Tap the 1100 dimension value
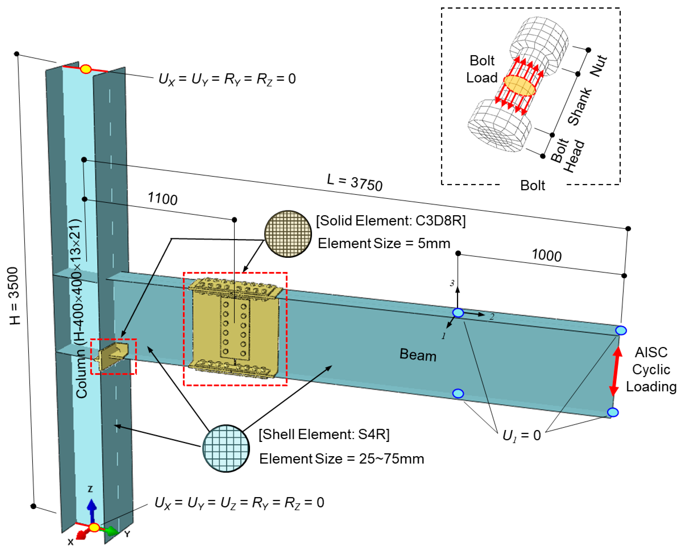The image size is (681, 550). [x=163, y=199]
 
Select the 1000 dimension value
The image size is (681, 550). [x=547, y=255]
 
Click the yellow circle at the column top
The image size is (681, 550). [x=86, y=69]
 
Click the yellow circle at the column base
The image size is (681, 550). [x=94, y=528]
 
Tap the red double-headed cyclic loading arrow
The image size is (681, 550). [x=615, y=372]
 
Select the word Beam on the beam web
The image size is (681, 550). [x=418, y=355]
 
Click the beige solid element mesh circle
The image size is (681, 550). [x=288, y=234]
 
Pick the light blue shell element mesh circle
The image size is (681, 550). [x=226, y=448]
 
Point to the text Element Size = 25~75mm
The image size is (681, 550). [x=341, y=459]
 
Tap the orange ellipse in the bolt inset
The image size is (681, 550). [x=519, y=86]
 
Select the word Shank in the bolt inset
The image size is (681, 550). [x=579, y=106]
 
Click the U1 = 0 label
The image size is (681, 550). [x=522, y=435]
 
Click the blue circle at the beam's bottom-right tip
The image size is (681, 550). [x=613, y=412]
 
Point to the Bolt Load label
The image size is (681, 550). [x=482, y=69]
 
